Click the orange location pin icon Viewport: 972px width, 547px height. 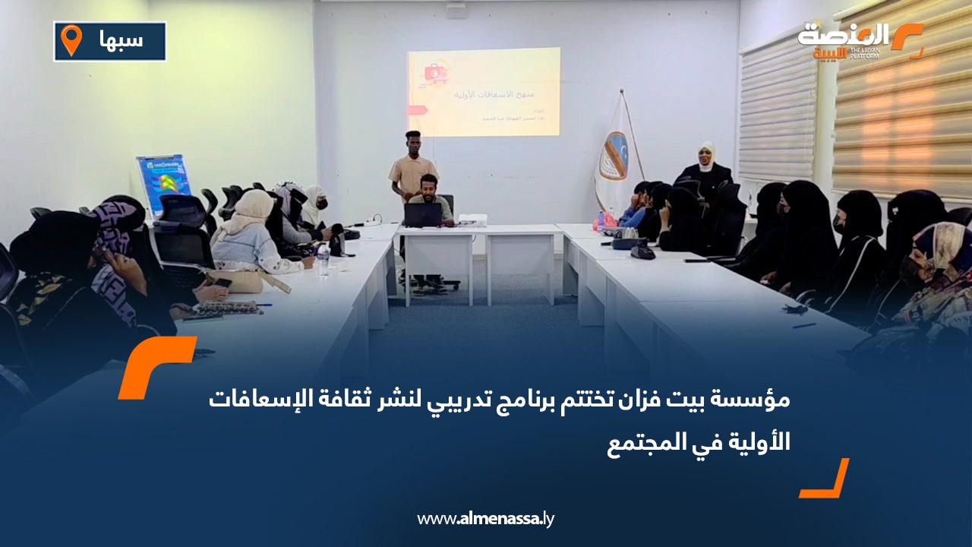coord(71,40)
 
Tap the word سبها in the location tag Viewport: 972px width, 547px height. coord(121,40)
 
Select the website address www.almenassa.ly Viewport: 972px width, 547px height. coord(486,519)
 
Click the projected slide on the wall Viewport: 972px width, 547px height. coord(484,92)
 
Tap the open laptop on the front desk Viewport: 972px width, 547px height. coord(422,215)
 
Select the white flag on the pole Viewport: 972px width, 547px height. coord(614,156)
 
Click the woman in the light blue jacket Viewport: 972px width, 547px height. coord(251,236)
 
